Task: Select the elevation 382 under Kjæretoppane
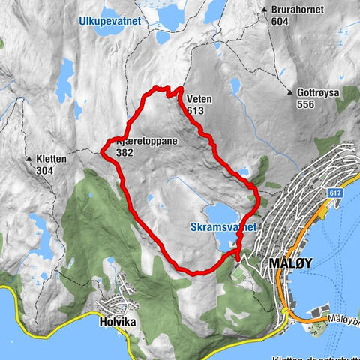[126, 151]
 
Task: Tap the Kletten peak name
[51, 159]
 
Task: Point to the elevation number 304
[45, 170]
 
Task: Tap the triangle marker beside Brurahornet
[264, 10]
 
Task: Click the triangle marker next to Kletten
[29, 159]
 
